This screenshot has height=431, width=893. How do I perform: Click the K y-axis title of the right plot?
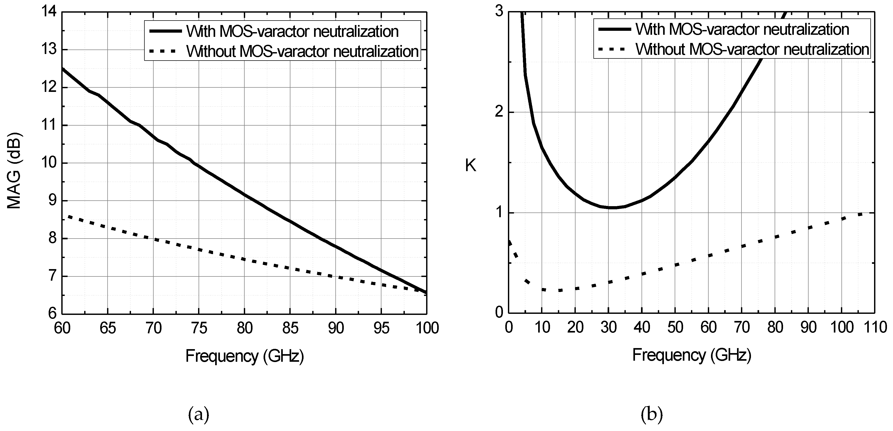[470, 166]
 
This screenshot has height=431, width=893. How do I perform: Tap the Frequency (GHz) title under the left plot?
[244, 356]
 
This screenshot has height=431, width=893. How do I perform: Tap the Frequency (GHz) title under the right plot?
[692, 355]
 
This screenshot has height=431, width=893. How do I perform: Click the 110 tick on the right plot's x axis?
[876, 327]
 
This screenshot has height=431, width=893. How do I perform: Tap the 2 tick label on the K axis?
[499, 112]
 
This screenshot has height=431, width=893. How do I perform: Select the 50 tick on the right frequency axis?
[675, 327]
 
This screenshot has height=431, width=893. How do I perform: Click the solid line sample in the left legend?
[165, 31]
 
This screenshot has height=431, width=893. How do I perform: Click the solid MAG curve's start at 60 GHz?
[63, 69]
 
